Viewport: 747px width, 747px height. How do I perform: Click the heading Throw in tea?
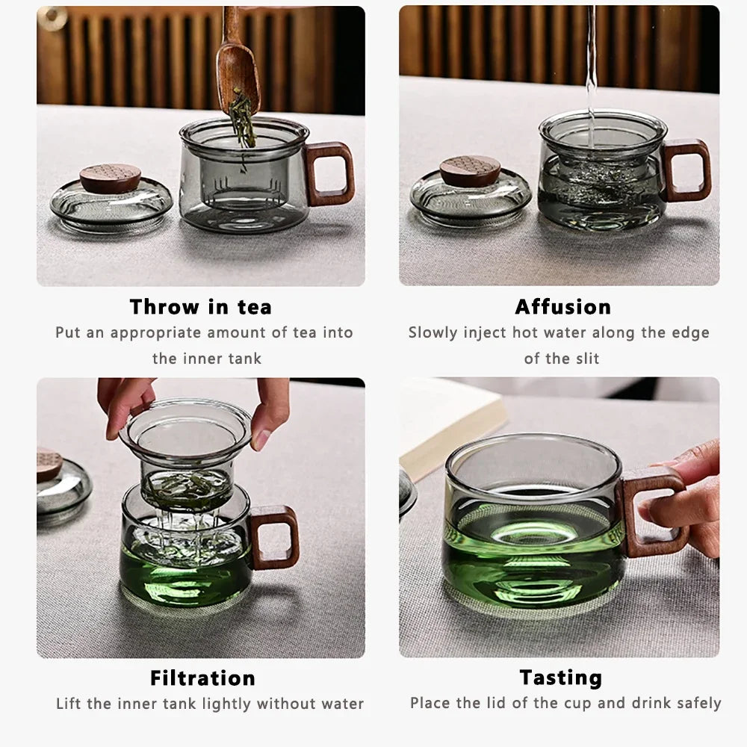click(200, 307)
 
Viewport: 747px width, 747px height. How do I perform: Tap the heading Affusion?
click(562, 307)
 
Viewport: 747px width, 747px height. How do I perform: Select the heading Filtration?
click(202, 678)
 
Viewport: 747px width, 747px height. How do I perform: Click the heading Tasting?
click(560, 678)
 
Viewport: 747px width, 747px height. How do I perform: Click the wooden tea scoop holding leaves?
click(238, 75)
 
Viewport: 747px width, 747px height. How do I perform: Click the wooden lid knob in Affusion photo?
click(471, 170)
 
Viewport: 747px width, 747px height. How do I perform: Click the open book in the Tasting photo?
click(448, 418)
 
